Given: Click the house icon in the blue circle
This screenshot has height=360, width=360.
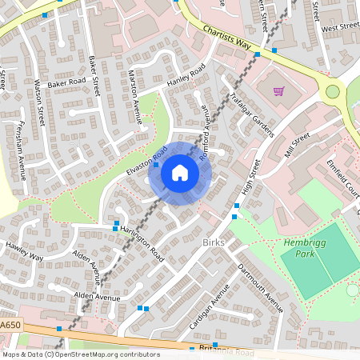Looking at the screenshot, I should (180, 172).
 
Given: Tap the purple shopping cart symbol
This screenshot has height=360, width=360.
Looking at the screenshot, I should (279, 91).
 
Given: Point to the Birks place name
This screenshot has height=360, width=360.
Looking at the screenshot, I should (214, 242).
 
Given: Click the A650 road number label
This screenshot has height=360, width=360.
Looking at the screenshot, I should (10, 326).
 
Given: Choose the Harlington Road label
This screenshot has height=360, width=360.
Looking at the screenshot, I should (143, 242).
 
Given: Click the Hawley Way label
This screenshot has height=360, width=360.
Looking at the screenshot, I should (23, 251).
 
